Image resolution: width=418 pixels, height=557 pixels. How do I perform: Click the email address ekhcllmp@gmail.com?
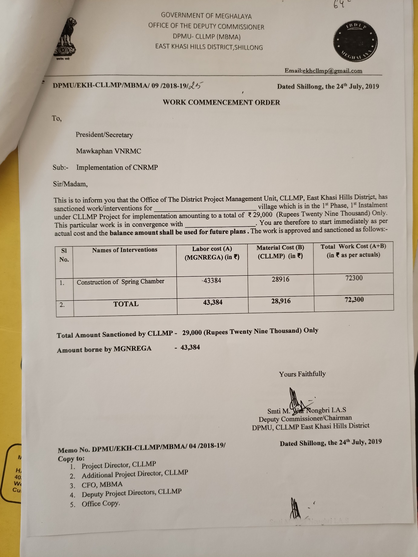coord(332,71)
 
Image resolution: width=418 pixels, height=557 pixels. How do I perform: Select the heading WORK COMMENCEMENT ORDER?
coord(221,102)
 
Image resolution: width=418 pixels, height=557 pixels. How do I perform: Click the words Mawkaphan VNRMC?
coord(108,151)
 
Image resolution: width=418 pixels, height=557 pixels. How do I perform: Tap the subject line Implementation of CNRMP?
coord(117,167)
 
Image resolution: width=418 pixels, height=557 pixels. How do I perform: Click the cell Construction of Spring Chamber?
coord(120,282)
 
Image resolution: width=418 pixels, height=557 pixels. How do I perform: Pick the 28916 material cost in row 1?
coord(280,279)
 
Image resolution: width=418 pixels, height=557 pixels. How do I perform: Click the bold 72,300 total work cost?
coord(354,300)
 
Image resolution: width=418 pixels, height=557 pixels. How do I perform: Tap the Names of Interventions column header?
coord(124,250)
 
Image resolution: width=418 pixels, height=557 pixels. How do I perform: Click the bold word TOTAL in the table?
coord(126,304)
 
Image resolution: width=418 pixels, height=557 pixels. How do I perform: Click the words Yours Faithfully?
coord(302,374)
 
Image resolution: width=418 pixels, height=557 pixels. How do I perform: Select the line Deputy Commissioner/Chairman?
coord(305,419)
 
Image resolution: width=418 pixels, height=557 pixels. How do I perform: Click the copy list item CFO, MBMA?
coord(102,484)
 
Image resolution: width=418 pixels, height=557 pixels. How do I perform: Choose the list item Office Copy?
coord(101,504)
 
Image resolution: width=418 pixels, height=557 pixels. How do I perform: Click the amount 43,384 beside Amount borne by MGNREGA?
coord(190,347)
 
